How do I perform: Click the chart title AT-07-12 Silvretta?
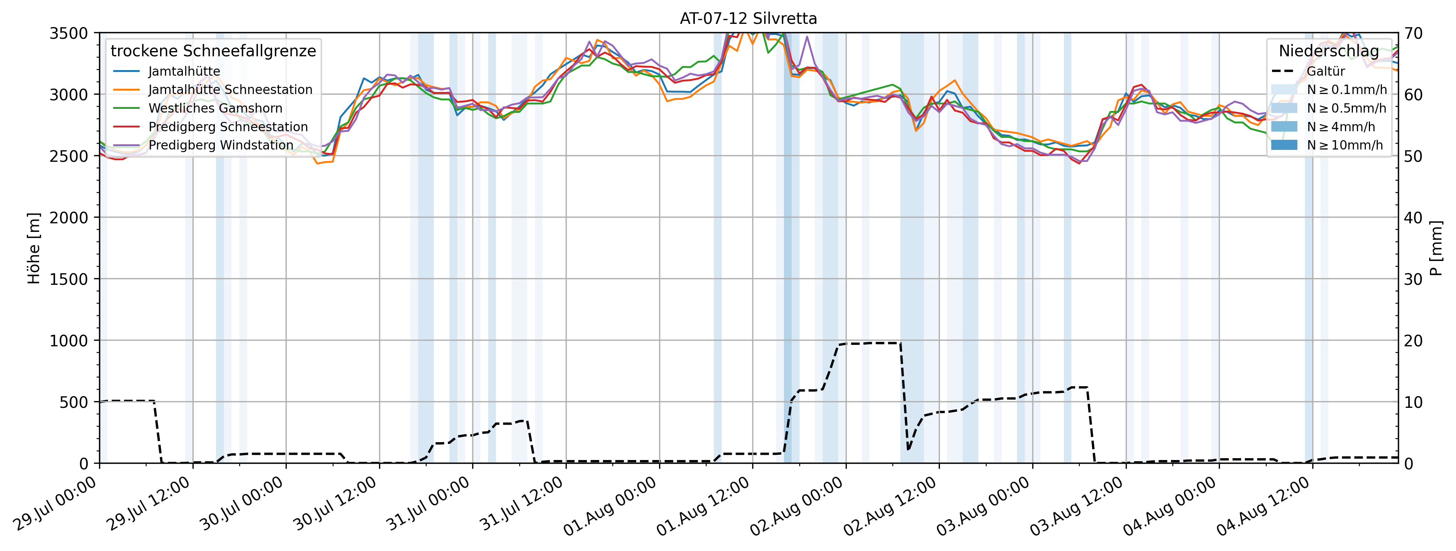click(x=748, y=19)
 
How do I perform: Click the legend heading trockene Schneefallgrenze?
click(x=213, y=51)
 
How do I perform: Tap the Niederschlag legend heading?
click(x=1329, y=51)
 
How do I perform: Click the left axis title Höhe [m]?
click(x=34, y=248)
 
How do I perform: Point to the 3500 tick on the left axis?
click(x=69, y=33)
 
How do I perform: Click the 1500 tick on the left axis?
click(x=69, y=279)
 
